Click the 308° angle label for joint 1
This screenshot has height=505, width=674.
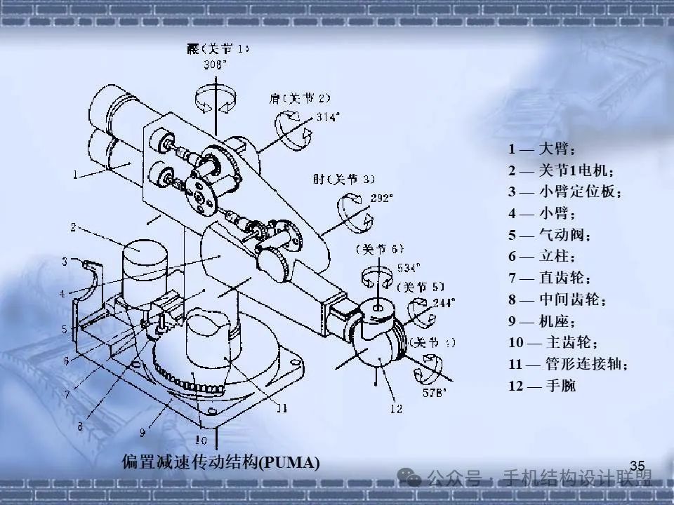click(216, 65)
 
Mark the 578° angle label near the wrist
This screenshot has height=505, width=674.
click(435, 393)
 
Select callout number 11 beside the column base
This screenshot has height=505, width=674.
click(280, 407)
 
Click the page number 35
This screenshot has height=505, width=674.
click(637, 466)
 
